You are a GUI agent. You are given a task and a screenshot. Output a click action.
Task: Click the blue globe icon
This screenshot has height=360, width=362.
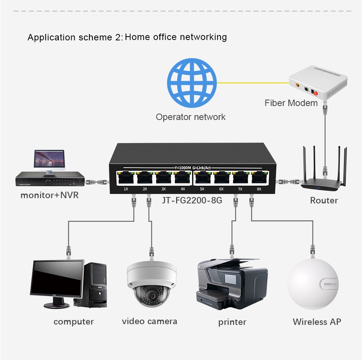[192, 83]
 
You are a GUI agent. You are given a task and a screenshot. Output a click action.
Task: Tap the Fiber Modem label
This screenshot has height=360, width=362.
[291, 103]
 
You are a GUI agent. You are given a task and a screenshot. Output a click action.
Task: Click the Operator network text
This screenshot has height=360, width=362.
[190, 117]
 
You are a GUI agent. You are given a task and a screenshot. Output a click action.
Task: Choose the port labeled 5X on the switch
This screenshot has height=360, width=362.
[202, 178]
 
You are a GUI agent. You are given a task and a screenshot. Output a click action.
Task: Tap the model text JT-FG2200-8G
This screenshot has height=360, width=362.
[192, 200]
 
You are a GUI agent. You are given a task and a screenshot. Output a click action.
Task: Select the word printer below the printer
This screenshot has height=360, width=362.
[232, 322]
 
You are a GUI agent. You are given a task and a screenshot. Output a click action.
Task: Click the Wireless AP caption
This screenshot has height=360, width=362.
[317, 322]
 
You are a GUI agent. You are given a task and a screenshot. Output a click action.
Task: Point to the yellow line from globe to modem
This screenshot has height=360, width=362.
[253, 83]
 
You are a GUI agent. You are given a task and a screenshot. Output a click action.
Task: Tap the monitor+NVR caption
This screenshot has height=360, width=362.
[49, 195]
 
